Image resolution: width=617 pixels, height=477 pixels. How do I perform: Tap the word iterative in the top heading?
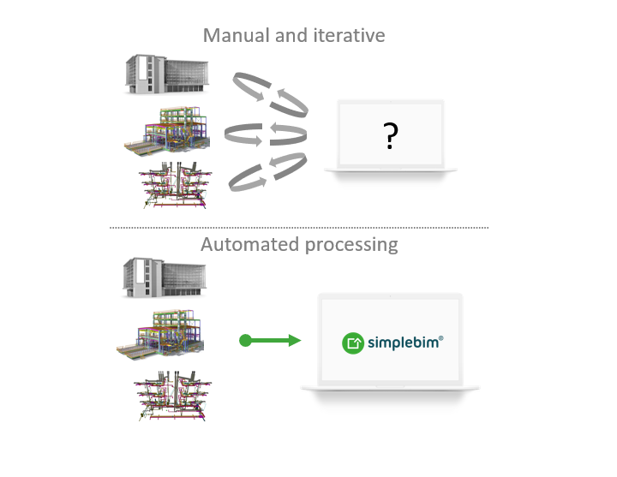pos(348,36)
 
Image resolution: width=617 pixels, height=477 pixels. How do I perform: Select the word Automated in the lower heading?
pos(249,245)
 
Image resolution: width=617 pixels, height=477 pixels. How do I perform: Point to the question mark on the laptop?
pos(391,134)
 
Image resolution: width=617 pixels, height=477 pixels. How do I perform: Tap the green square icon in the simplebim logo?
pos(352,343)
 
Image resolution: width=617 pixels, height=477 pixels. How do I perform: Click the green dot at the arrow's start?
pos(245,341)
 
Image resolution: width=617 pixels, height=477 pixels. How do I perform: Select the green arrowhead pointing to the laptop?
pos(294,341)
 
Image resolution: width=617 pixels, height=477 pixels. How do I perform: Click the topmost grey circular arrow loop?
pos(269,93)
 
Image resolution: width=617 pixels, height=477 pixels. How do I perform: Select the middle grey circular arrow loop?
pos(266,134)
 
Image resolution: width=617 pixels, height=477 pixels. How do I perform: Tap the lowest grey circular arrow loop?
pos(267,171)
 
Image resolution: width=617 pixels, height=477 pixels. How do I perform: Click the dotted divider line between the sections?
pos(299,227)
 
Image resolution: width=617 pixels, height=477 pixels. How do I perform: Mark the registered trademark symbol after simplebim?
pos(440,337)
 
